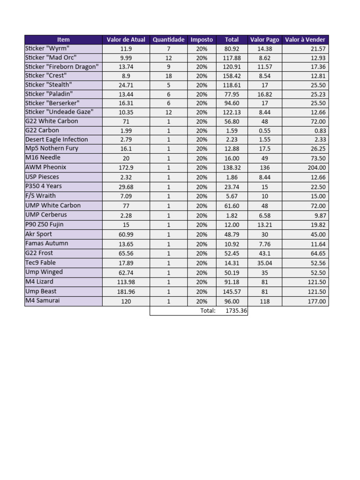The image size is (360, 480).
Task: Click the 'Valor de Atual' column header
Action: click(126, 40)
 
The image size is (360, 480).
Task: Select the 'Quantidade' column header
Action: click(168, 40)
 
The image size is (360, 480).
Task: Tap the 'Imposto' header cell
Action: click(202, 40)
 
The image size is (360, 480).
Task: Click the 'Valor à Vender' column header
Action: click(305, 40)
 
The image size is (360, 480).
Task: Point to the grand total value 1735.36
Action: click(236, 311)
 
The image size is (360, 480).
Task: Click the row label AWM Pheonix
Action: click(46, 167)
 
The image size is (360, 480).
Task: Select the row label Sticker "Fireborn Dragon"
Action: click(62, 67)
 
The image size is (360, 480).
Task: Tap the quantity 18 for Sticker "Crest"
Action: click(168, 76)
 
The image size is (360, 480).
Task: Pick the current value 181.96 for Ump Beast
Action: click(126, 292)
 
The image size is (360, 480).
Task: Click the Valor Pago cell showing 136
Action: click(264, 168)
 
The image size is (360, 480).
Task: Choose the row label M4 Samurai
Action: click(43, 301)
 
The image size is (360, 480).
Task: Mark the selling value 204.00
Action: click(316, 168)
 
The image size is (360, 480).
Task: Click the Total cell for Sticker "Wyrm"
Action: click(232, 49)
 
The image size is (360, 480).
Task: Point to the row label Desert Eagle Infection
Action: click(57, 140)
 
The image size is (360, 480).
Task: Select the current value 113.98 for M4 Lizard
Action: click(126, 282)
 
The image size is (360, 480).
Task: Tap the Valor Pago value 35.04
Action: click(264, 263)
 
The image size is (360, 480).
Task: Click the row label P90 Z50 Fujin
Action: click(45, 225)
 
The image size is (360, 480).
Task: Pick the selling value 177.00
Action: click(316, 301)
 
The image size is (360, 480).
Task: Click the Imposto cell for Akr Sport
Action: click(202, 234)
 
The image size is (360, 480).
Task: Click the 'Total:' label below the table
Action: click(208, 311)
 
